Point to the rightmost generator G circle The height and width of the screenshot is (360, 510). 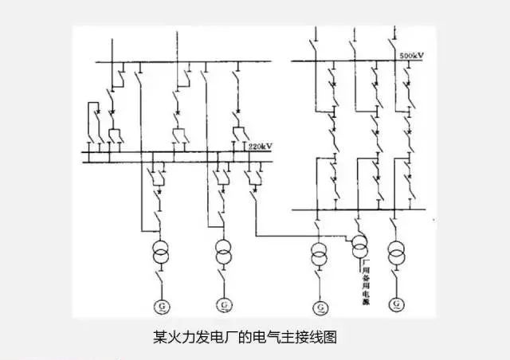click(396, 306)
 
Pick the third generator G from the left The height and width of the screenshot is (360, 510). click(320, 306)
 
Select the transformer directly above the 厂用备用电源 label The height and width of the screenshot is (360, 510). click(359, 244)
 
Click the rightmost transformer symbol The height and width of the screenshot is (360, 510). click(396, 256)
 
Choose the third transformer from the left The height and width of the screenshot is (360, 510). click(320, 256)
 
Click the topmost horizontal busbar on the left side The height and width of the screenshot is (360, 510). click(175, 61)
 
